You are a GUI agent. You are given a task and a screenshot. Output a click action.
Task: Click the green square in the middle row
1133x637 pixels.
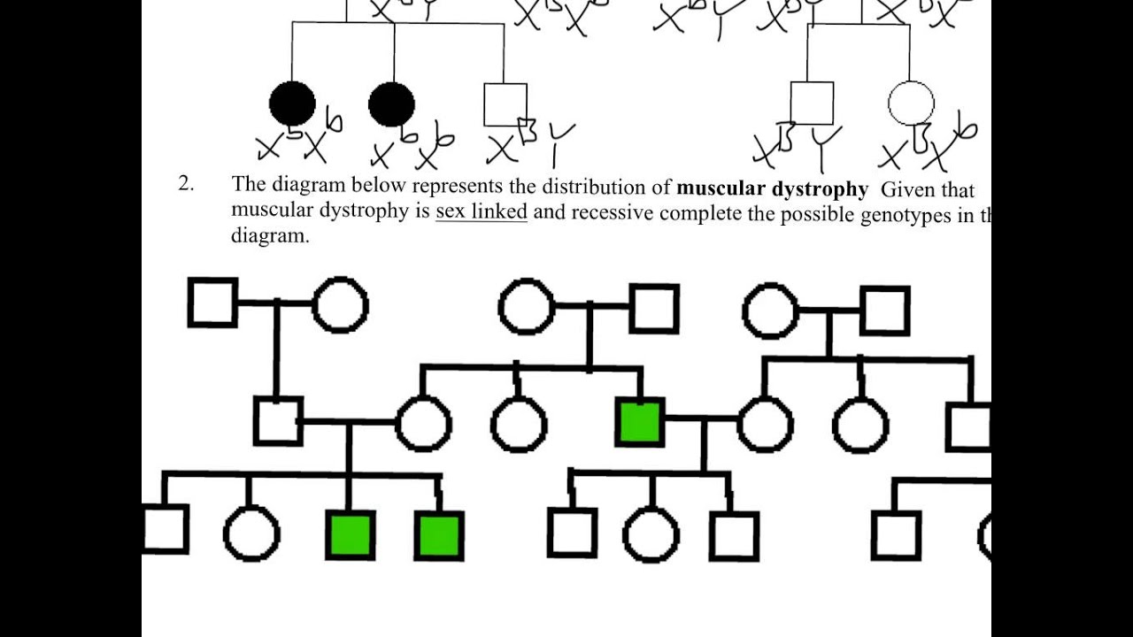pyautogui.click(x=640, y=422)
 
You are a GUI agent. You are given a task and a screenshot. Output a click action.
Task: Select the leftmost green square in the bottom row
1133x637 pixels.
pyautogui.click(x=351, y=535)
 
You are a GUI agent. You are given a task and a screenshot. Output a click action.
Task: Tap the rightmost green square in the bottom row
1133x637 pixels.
pyautogui.click(x=438, y=537)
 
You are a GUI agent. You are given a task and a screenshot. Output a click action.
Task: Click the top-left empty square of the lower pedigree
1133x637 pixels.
pyautogui.click(x=212, y=303)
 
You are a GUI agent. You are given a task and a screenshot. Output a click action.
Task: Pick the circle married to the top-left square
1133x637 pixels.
pyautogui.click(x=340, y=304)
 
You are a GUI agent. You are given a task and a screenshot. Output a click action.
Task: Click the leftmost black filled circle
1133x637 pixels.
pyautogui.click(x=292, y=104)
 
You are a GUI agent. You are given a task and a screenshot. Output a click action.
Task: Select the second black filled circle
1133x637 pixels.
pyautogui.click(x=391, y=105)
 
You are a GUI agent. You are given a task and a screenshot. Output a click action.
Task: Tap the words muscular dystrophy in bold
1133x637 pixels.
pyautogui.click(x=772, y=188)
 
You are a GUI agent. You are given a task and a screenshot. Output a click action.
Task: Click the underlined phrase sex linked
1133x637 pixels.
pyautogui.click(x=481, y=212)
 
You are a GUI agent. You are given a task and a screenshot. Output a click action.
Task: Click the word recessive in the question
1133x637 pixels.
pyautogui.click(x=613, y=213)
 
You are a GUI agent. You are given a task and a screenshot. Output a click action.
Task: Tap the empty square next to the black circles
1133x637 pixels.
pyautogui.click(x=505, y=104)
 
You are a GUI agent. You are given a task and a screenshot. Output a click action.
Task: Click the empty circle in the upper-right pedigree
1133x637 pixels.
pyautogui.click(x=910, y=103)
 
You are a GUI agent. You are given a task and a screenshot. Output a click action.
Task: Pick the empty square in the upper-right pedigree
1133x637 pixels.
pyautogui.click(x=812, y=104)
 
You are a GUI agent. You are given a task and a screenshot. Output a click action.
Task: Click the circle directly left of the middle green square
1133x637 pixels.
pyautogui.click(x=519, y=424)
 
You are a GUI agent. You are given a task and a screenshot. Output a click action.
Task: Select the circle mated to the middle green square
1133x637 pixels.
pyautogui.click(x=765, y=424)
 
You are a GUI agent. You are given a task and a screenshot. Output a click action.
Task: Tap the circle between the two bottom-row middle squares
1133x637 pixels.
pyautogui.click(x=651, y=535)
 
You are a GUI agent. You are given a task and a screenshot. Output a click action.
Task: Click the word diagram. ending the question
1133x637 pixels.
pyautogui.click(x=270, y=237)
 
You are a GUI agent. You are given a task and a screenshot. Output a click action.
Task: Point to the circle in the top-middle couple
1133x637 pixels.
pyautogui.click(x=527, y=307)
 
